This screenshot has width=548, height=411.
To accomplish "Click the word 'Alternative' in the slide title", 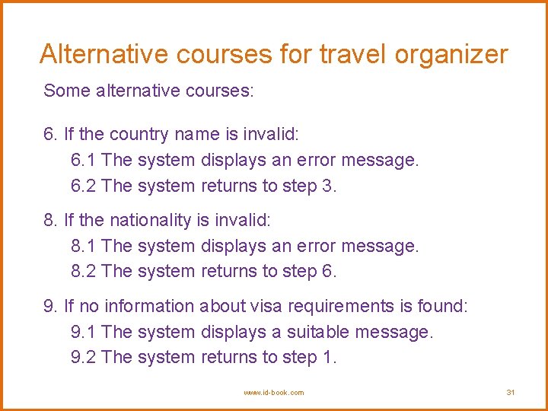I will coord(104,54).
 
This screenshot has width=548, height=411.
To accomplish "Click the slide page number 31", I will coord(511,392).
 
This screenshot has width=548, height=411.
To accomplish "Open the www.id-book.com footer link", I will coord(273,392).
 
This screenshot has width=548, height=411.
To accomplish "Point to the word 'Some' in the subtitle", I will coord(67,91).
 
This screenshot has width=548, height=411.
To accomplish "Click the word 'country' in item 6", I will coord(139,135).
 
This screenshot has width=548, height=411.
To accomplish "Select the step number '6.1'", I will coord(83,161).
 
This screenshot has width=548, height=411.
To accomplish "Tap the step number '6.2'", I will coord(83,186).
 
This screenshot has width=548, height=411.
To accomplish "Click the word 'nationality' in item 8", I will coord(151,221).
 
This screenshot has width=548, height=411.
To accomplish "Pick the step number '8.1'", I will coord(83,247).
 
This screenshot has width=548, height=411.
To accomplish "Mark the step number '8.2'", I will coord(83,272).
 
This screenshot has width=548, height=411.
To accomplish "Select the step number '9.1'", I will coord(83,333).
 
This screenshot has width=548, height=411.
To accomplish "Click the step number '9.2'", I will coord(83,358).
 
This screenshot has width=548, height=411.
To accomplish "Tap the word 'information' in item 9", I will coord(149,307).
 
